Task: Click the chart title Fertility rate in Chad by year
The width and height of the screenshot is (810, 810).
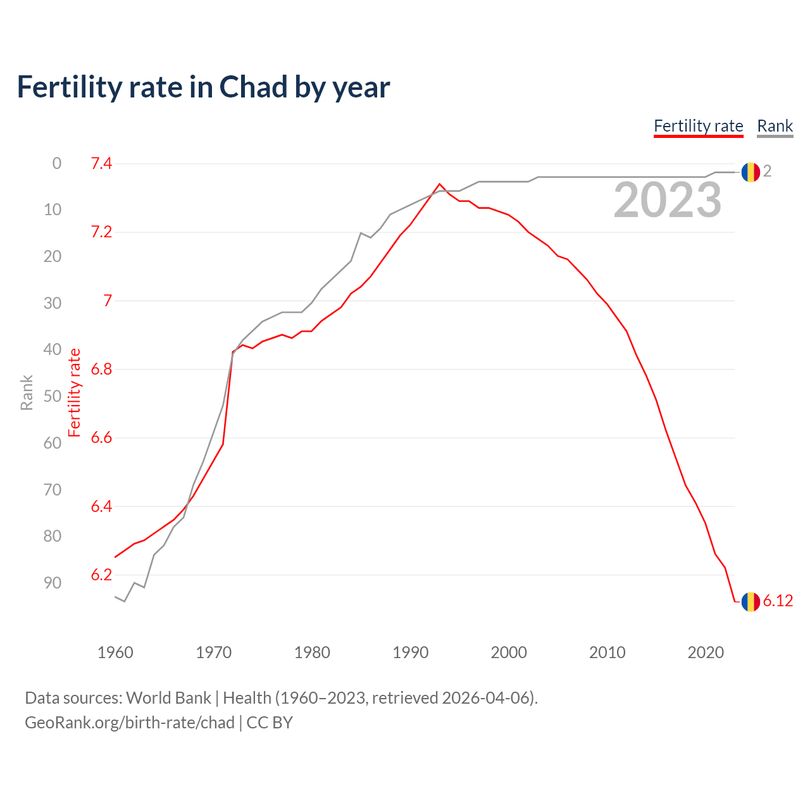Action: [x=203, y=87]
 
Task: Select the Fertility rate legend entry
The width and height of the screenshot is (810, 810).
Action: [x=698, y=126]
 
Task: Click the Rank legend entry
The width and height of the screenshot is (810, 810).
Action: [x=775, y=126]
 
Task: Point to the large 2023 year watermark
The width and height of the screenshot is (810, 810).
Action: [x=667, y=200]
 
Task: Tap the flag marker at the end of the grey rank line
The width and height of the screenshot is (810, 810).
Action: [x=751, y=171]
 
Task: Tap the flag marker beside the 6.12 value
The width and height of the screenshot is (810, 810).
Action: [x=751, y=601]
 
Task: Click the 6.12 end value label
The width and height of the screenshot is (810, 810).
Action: [x=778, y=601]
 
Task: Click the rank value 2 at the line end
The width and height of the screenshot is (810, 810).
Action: [x=767, y=171]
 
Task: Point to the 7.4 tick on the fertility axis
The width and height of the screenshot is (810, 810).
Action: [x=101, y=164]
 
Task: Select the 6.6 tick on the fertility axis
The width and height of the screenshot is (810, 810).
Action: [x=101, y=438]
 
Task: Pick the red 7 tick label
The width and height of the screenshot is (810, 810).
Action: [x=107, y=301]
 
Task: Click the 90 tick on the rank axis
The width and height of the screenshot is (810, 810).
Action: [x=53, y=583]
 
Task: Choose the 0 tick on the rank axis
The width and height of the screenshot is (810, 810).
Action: [x=57, y=164]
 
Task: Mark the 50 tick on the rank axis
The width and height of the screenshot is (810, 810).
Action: [x=53, y=396]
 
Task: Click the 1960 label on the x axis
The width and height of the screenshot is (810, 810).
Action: [x=115, y=652]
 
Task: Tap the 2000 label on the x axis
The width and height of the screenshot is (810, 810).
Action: [x=509, y=652]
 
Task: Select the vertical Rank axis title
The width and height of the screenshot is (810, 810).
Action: [x=27, y=392]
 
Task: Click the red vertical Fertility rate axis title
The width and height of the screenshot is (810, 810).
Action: [x=75, y=392]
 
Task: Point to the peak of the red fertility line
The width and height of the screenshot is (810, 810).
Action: [x=439, y=184]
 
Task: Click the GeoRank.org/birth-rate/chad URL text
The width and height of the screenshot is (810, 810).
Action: [x=130, y=723]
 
